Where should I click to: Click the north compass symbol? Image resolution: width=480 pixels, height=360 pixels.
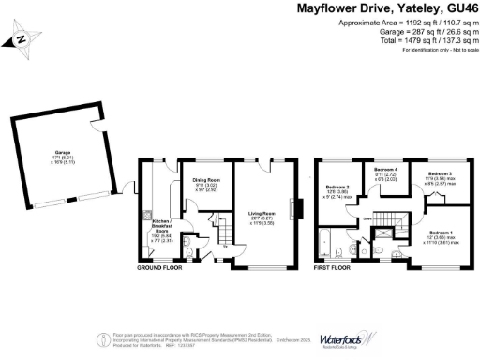[x=21, y=39]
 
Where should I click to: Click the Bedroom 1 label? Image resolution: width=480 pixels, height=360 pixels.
[x=441, y=230]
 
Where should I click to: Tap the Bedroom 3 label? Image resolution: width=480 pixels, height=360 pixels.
[x=440, y=174]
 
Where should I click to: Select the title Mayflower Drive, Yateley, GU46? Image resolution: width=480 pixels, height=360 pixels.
[x=386, y=8]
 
